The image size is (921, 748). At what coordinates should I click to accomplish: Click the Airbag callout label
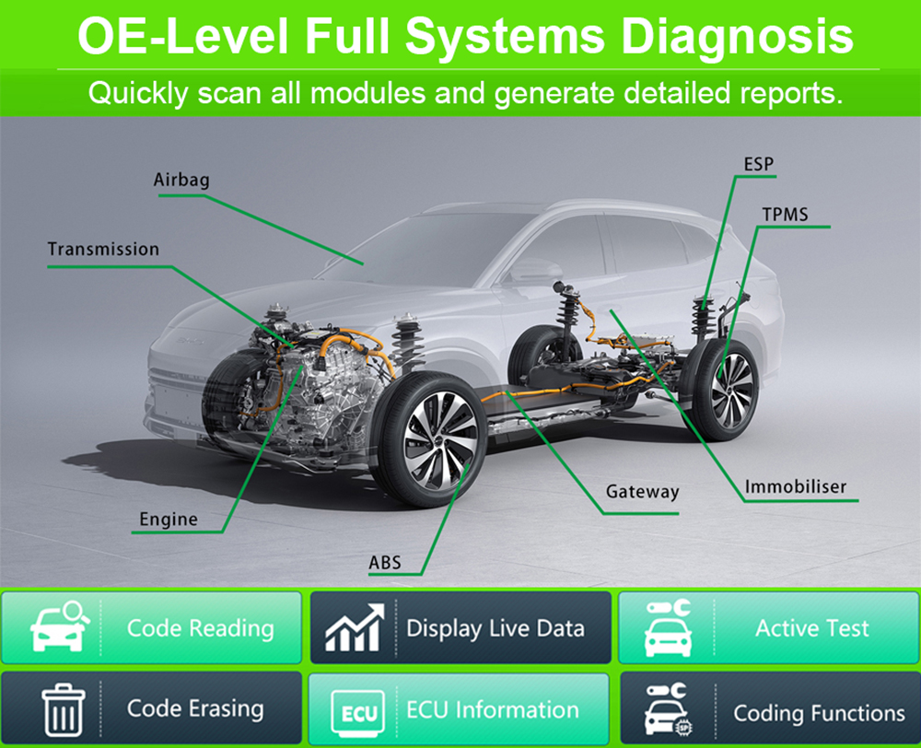[181, 180]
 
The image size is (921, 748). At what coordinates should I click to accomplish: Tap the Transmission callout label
[103, 250]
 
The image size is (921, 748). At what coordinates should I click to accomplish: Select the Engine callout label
[169, 520]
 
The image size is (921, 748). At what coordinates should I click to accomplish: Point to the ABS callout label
[385, 562]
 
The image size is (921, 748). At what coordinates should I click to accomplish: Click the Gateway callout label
[642, 492]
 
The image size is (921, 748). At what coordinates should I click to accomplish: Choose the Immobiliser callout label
[796, 487]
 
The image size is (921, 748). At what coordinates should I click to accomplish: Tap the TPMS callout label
[785, 215]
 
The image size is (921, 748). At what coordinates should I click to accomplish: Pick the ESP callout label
[759, 166]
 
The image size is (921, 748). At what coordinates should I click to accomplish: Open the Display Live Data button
[460, 628]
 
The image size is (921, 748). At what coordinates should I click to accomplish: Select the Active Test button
[768, 628]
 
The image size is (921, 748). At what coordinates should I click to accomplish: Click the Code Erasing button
[152, 708]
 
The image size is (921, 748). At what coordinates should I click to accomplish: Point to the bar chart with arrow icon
[355, 628]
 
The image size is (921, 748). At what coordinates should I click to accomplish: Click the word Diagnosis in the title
[737, 37]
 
